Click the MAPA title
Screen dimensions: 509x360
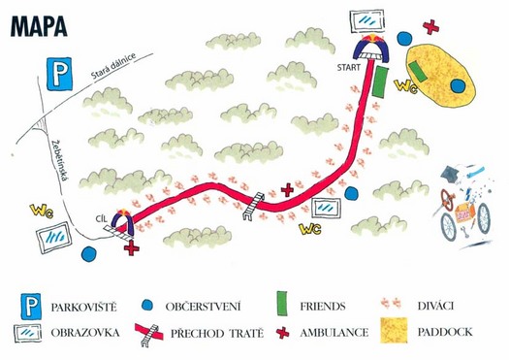click(39, 25)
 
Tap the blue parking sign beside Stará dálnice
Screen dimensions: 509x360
click(59, 74)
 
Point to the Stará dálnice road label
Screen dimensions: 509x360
click(112, 66)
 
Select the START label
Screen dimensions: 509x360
click(349, 68)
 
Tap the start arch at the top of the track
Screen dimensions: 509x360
click(372, 48)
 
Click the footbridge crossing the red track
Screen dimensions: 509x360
click(253, 207)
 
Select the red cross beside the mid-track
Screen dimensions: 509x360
click(287, 190)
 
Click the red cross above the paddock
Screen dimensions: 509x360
click(430, 27)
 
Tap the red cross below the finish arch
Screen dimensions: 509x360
click(132, 248)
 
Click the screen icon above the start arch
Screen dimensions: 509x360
click(367, 20)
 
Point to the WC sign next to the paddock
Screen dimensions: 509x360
click(405, 86)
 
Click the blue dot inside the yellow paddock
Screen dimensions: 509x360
click(458, 85)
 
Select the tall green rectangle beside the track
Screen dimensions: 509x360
click(380, 82)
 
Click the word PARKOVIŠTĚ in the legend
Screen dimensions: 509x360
click(83, 307)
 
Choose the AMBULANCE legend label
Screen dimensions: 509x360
click(334, 333)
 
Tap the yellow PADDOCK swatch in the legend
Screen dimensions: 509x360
click(394, 330)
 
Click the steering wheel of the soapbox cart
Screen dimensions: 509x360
click(448, 200)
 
